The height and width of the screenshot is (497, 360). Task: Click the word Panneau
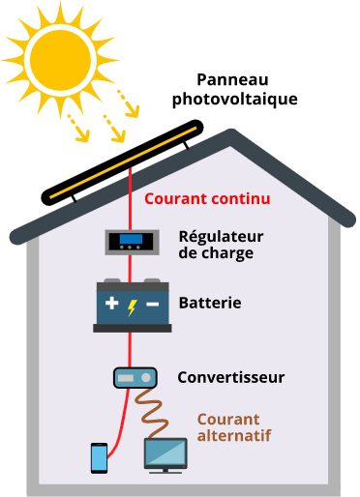232,80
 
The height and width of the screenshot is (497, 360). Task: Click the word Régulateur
222,236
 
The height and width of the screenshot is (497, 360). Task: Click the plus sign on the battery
111,305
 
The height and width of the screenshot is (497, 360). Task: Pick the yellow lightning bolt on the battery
132,305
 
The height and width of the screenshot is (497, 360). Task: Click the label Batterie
210,304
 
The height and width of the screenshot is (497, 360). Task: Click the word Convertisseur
231,377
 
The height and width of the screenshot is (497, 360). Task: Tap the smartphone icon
100,457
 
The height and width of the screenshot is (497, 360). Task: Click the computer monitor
165,452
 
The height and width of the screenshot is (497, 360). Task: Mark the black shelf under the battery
131,329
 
